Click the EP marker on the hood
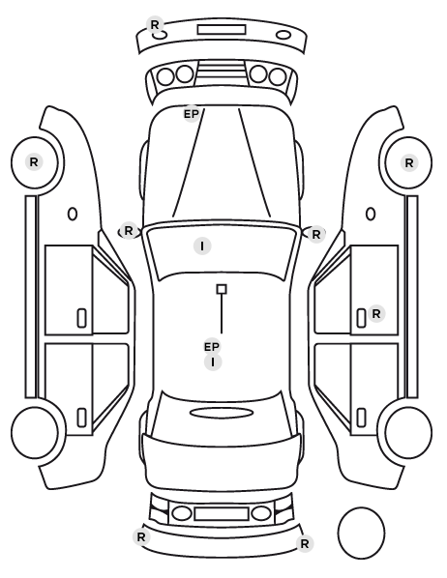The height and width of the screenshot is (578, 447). tap(192, 114)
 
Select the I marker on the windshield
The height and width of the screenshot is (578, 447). tap(202, 246)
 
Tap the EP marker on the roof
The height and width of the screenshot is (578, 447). tap(212, 347)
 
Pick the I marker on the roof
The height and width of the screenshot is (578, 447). tap(213, 362)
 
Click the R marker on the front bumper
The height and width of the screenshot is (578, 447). tap(155, 25)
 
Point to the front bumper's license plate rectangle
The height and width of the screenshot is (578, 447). tap(222, 30)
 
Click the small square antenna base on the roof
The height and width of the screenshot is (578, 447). tap(222, 289)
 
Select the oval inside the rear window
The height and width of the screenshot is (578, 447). tap(222, 413)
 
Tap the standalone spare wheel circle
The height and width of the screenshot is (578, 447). tap(361, 533)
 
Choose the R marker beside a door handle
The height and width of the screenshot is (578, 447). tap(376, 314)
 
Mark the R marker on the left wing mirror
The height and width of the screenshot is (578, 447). tap(128, 231)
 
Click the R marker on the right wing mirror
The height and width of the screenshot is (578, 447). tap(316, 235)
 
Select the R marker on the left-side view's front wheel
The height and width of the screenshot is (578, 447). tap(34, 162)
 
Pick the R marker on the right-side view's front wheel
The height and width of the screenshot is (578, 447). tap(409, 163)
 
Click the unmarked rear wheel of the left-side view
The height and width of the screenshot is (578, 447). tap(35, 432)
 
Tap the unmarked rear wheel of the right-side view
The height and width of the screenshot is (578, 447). tap(408, 432)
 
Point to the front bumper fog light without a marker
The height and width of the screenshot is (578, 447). tap(283, 35)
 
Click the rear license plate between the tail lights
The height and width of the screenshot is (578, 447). tap(222, 514)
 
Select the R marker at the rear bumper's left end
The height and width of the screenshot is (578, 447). tap(141, 537)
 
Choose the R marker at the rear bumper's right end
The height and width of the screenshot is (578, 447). tap(305, 543)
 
